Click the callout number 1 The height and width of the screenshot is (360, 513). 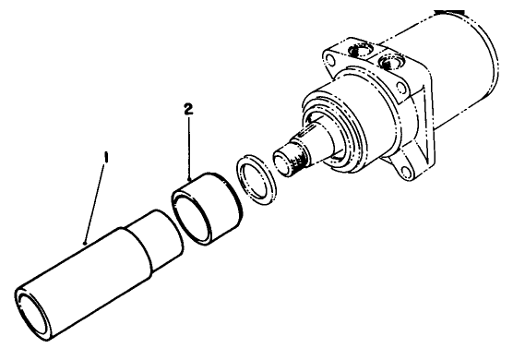106,158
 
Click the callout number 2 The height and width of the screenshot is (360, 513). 190,108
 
